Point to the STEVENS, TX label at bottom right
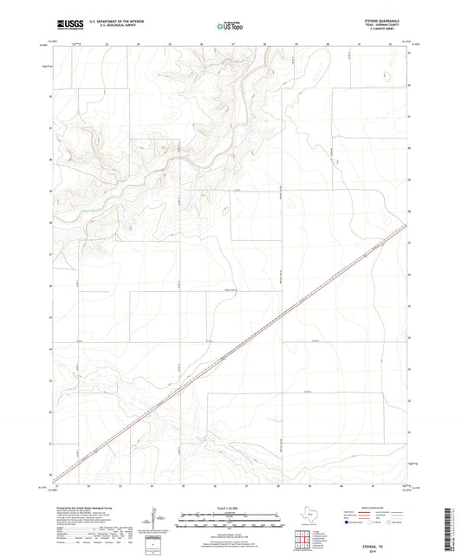(x=382, y=536)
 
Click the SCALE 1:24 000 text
(x=230, y=507)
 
